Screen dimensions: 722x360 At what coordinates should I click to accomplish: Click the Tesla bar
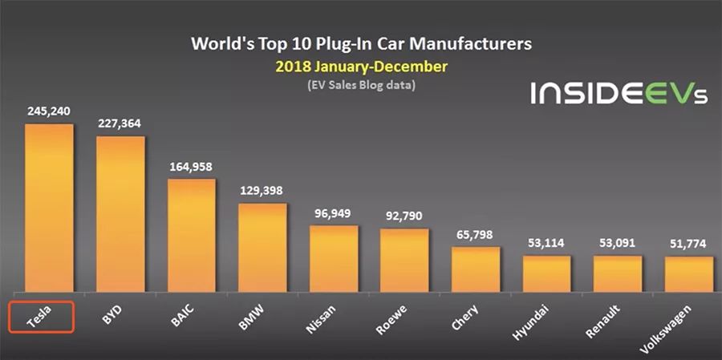[49, 208]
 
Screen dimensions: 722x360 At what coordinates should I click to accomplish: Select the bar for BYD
[120, 214]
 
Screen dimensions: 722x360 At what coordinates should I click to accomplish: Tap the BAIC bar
[191, 235]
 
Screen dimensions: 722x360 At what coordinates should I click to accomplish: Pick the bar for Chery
[476, 269]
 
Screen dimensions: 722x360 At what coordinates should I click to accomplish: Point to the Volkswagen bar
[688, 274]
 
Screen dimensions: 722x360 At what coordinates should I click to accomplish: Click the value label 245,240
[48, 111]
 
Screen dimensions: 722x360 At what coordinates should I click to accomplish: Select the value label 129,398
[262, 191]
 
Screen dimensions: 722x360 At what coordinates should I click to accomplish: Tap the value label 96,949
[333, 213]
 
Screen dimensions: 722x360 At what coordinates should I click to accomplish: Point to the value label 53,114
[546, 243]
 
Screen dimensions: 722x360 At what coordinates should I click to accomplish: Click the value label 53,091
[617, 243]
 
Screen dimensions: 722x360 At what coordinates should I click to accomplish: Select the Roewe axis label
[391, 319]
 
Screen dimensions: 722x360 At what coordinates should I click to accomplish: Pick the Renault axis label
[602, 322]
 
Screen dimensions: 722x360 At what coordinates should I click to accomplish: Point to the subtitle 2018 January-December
[361, 67]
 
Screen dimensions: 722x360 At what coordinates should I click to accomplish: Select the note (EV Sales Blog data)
[361, 86]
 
